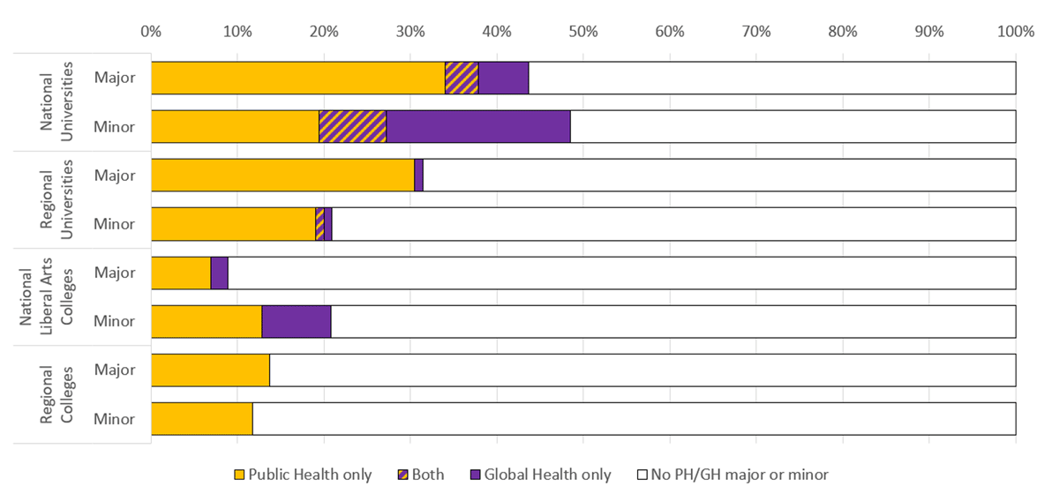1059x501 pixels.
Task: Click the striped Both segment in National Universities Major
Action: coord(462,78)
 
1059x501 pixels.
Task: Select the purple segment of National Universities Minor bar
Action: coord(478,126)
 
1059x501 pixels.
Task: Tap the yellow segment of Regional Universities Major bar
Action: coord(282,175)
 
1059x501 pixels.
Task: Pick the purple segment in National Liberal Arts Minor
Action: coord(297,321)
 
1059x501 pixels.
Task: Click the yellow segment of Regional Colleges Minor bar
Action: coord(202,418)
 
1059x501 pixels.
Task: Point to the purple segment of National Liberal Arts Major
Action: coord(220,273)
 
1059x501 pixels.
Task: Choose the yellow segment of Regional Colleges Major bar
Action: coord(210,370)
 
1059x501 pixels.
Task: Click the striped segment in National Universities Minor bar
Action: coord(352,126)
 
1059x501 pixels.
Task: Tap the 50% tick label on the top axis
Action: coord(583,32)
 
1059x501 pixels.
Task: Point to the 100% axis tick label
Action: coord(1015,32)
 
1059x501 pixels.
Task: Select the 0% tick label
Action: coord(151,32)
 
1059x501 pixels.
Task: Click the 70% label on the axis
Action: coord(756,32)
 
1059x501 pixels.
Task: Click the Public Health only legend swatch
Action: coord(237,475)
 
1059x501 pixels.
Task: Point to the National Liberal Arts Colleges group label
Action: coord(39,297)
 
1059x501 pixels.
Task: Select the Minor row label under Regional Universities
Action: coord(115,224)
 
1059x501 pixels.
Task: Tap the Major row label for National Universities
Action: coord(115,78)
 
